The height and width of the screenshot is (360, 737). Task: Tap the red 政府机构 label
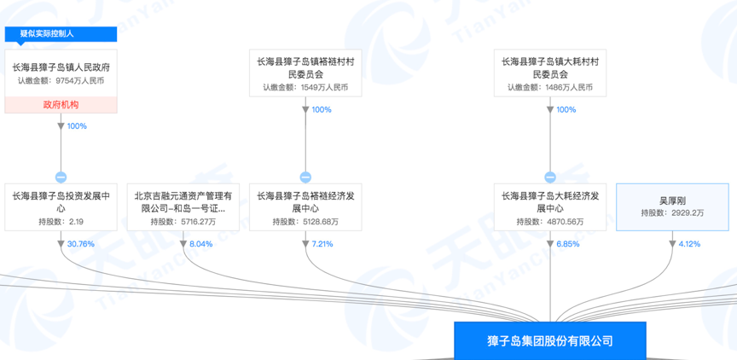(x=61, y=105)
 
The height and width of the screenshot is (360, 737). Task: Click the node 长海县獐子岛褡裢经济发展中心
(x=305, y=207)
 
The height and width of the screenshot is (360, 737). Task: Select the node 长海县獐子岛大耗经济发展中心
(x=550, y=207)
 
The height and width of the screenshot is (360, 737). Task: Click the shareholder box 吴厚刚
(x=671, y=207)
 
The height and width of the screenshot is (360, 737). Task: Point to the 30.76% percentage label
(x=80, y=244)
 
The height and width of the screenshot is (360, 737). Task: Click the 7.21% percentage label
(x=322, y=244)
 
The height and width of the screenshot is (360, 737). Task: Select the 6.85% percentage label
(x=567, y=244)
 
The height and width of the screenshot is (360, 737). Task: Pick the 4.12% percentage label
(x=688, y=244)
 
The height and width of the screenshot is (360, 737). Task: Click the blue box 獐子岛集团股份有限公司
(x=549, y=340)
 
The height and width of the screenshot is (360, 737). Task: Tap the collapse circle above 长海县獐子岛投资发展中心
(x=61, y=177)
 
